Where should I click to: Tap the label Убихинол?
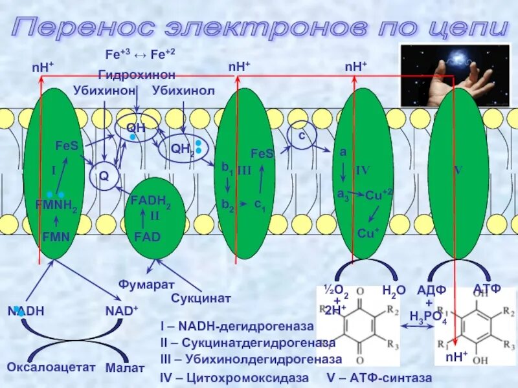tap(183, 91)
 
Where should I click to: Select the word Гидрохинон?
tap(137, 75)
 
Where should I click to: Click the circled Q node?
tap(103, 177)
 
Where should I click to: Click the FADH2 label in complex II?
tap(150, 201)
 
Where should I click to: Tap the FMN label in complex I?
tap(56, 237)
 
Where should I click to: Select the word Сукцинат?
tap(201, 298)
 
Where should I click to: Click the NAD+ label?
tap(122, 311)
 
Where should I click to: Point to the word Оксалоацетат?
tap(51, 367)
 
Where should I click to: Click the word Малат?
tap(125, 367)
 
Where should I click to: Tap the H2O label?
tap(394, 291)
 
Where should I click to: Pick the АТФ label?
tap(487, 288)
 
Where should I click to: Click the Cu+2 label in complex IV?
tap(379, 195)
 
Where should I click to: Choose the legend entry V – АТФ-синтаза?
tap(379, 376)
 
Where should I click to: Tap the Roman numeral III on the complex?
tap(243, 170)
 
